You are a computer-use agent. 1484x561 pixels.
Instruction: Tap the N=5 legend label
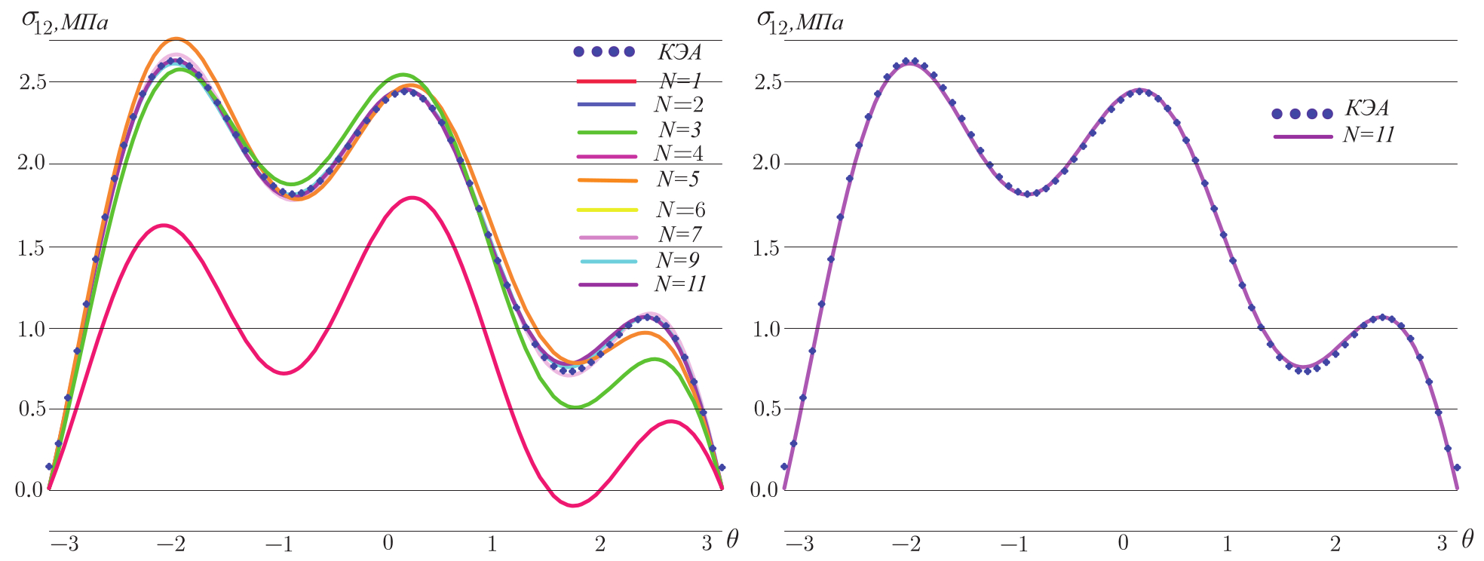[x=678, y=179]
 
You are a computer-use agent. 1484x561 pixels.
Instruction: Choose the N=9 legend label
[x=678, y=260]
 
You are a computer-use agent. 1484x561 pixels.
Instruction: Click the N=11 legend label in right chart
[x=1369, y=135]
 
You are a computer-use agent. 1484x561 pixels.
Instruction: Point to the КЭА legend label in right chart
[x=1367, y=109]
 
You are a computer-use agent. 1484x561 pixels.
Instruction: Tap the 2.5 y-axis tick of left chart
[x=32, y=81]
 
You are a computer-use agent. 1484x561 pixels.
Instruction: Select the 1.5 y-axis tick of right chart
[x=767, y=247]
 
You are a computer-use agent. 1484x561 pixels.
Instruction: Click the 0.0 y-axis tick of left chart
[x=29, y=490]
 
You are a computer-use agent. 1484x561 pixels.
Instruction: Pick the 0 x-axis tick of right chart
[x=1124, y=543]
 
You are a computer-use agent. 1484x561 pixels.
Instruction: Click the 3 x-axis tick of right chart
[x=1442, y=543]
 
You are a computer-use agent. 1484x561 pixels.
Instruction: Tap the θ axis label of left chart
[x=732, y=539]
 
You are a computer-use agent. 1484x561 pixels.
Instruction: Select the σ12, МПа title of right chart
[x=799, y=22]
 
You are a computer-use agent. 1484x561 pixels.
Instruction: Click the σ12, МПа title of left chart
[x=64, y=22]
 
